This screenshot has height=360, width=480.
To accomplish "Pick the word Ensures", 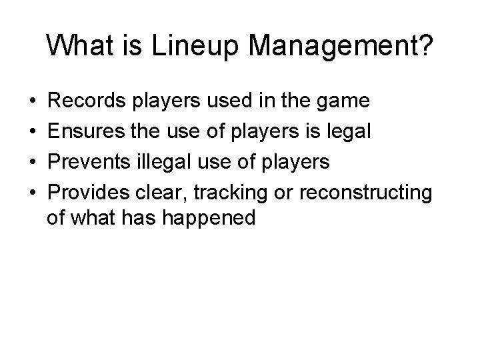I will click(91, 132).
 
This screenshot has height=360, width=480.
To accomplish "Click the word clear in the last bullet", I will click(163, 192).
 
